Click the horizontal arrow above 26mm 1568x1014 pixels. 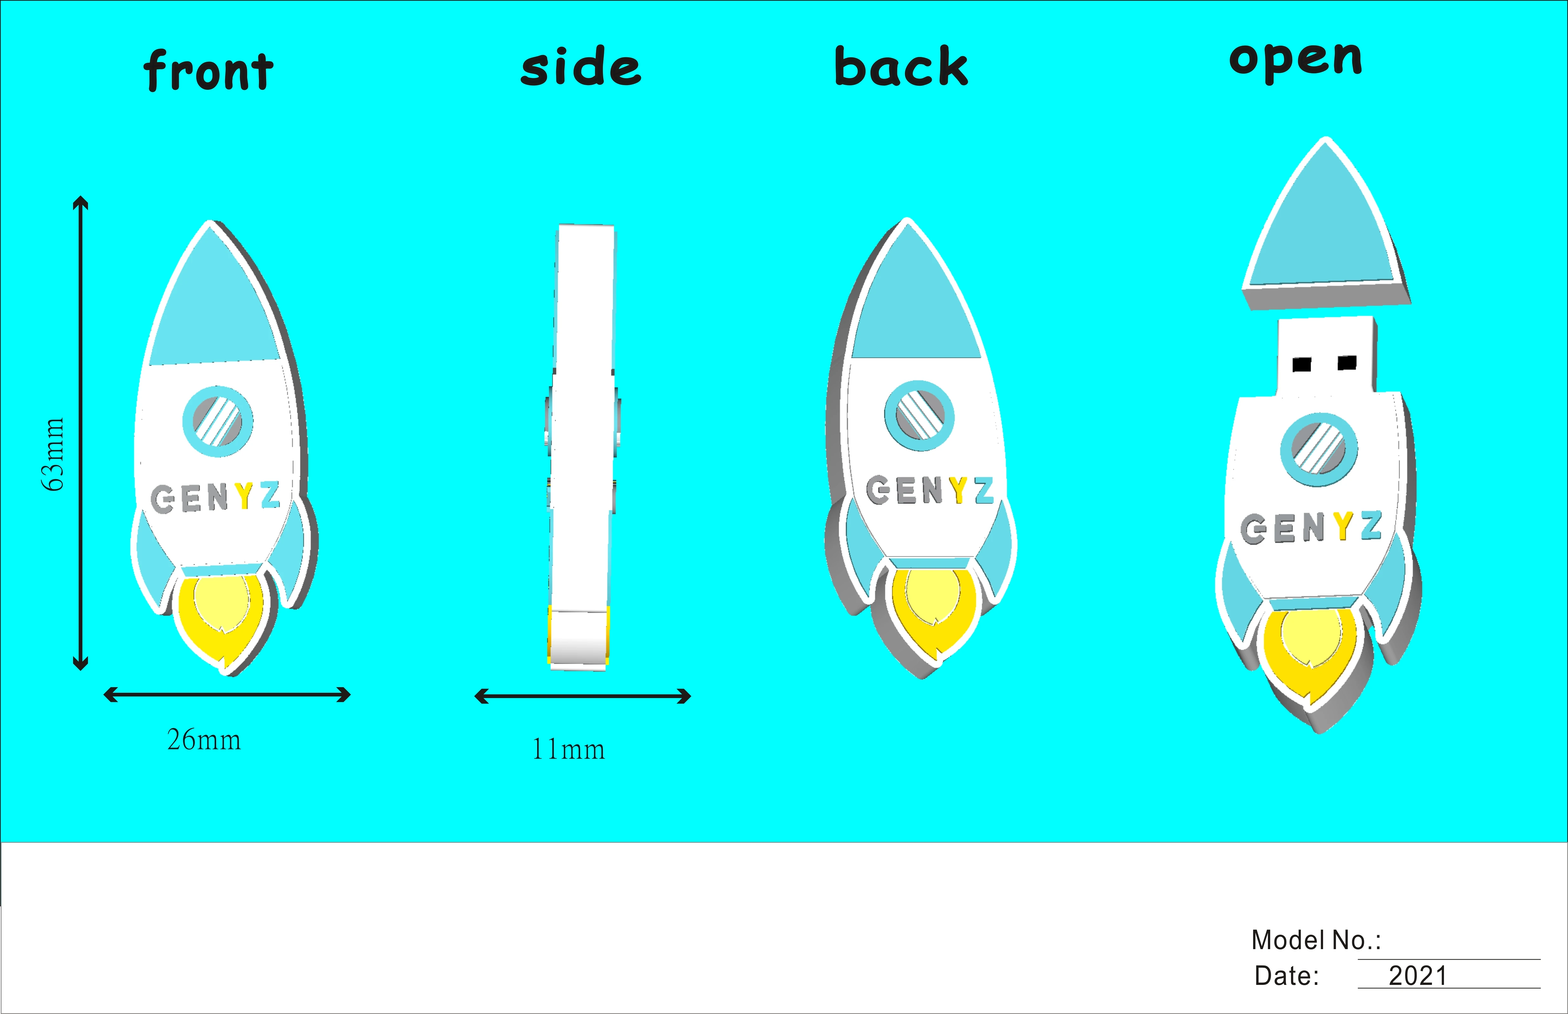point(227,695)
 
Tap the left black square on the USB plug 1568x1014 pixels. point(1301,364)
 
